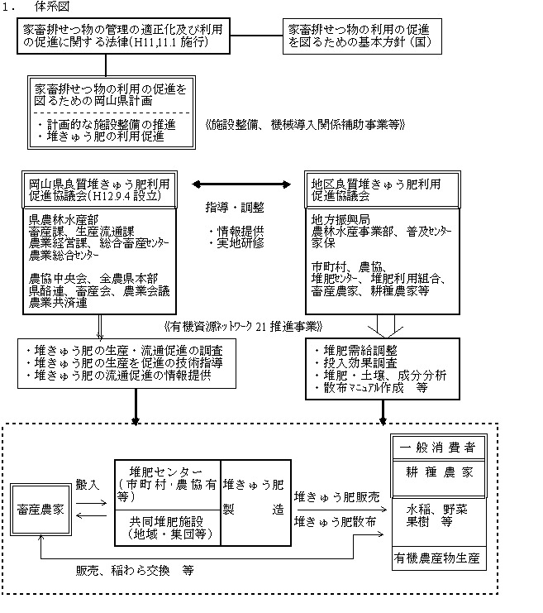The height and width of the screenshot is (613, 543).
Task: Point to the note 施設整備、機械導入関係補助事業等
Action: (304, 125)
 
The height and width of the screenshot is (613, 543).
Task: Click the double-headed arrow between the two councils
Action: (244, 183)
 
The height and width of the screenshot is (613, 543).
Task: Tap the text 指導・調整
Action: (236, 207)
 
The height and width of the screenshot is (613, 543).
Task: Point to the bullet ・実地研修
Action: (236, 246)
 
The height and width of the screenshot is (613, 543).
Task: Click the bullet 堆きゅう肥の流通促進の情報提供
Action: (119, 375)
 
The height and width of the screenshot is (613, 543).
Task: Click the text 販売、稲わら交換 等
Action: (136, 571)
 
